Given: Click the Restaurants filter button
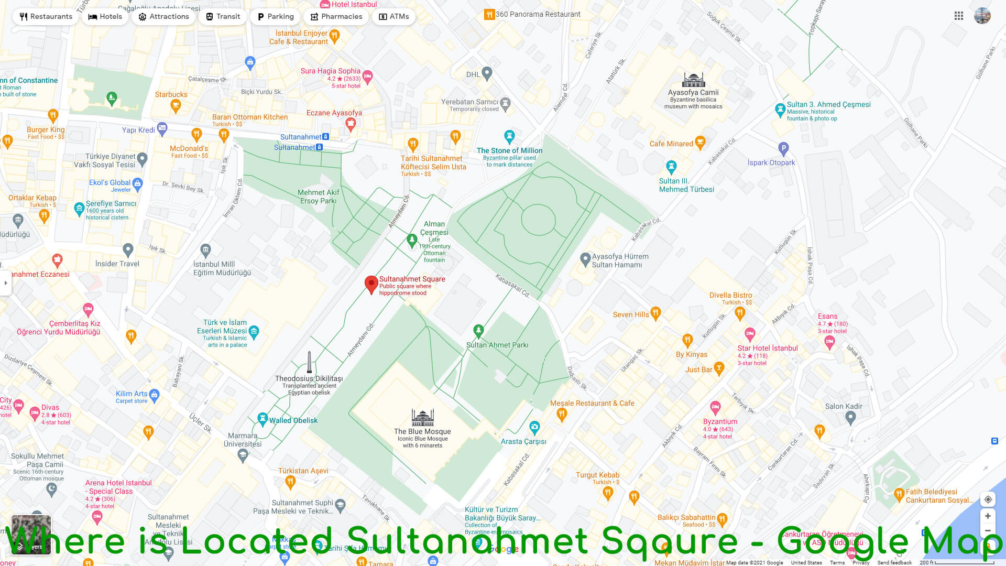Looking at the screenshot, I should point(46,17).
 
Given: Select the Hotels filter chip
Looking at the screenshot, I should point(105,17).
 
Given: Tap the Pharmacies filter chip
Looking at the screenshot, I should point(336,17).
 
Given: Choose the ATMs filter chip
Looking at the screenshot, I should point(393,17).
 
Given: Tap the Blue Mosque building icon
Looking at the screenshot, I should point(422,418).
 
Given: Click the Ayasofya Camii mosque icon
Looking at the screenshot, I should point(693,80).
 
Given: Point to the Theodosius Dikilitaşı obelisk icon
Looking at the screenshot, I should point(309,362).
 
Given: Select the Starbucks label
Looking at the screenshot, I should point(171,95).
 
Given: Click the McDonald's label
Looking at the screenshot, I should point(189,149).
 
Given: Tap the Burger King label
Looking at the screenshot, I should point(46,130).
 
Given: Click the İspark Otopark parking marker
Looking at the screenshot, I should point(783,148).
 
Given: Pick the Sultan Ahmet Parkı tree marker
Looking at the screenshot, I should point(478,331).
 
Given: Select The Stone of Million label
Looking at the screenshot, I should point(509,151).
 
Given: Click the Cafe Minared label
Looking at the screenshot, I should point(671,144).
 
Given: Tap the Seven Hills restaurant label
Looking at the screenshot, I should point(631,315).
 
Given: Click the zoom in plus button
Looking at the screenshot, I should point(988,516).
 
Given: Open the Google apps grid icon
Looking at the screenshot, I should point(959,16).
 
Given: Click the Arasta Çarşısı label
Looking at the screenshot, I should point(523,442).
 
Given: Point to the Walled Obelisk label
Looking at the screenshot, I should point(293,420).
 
